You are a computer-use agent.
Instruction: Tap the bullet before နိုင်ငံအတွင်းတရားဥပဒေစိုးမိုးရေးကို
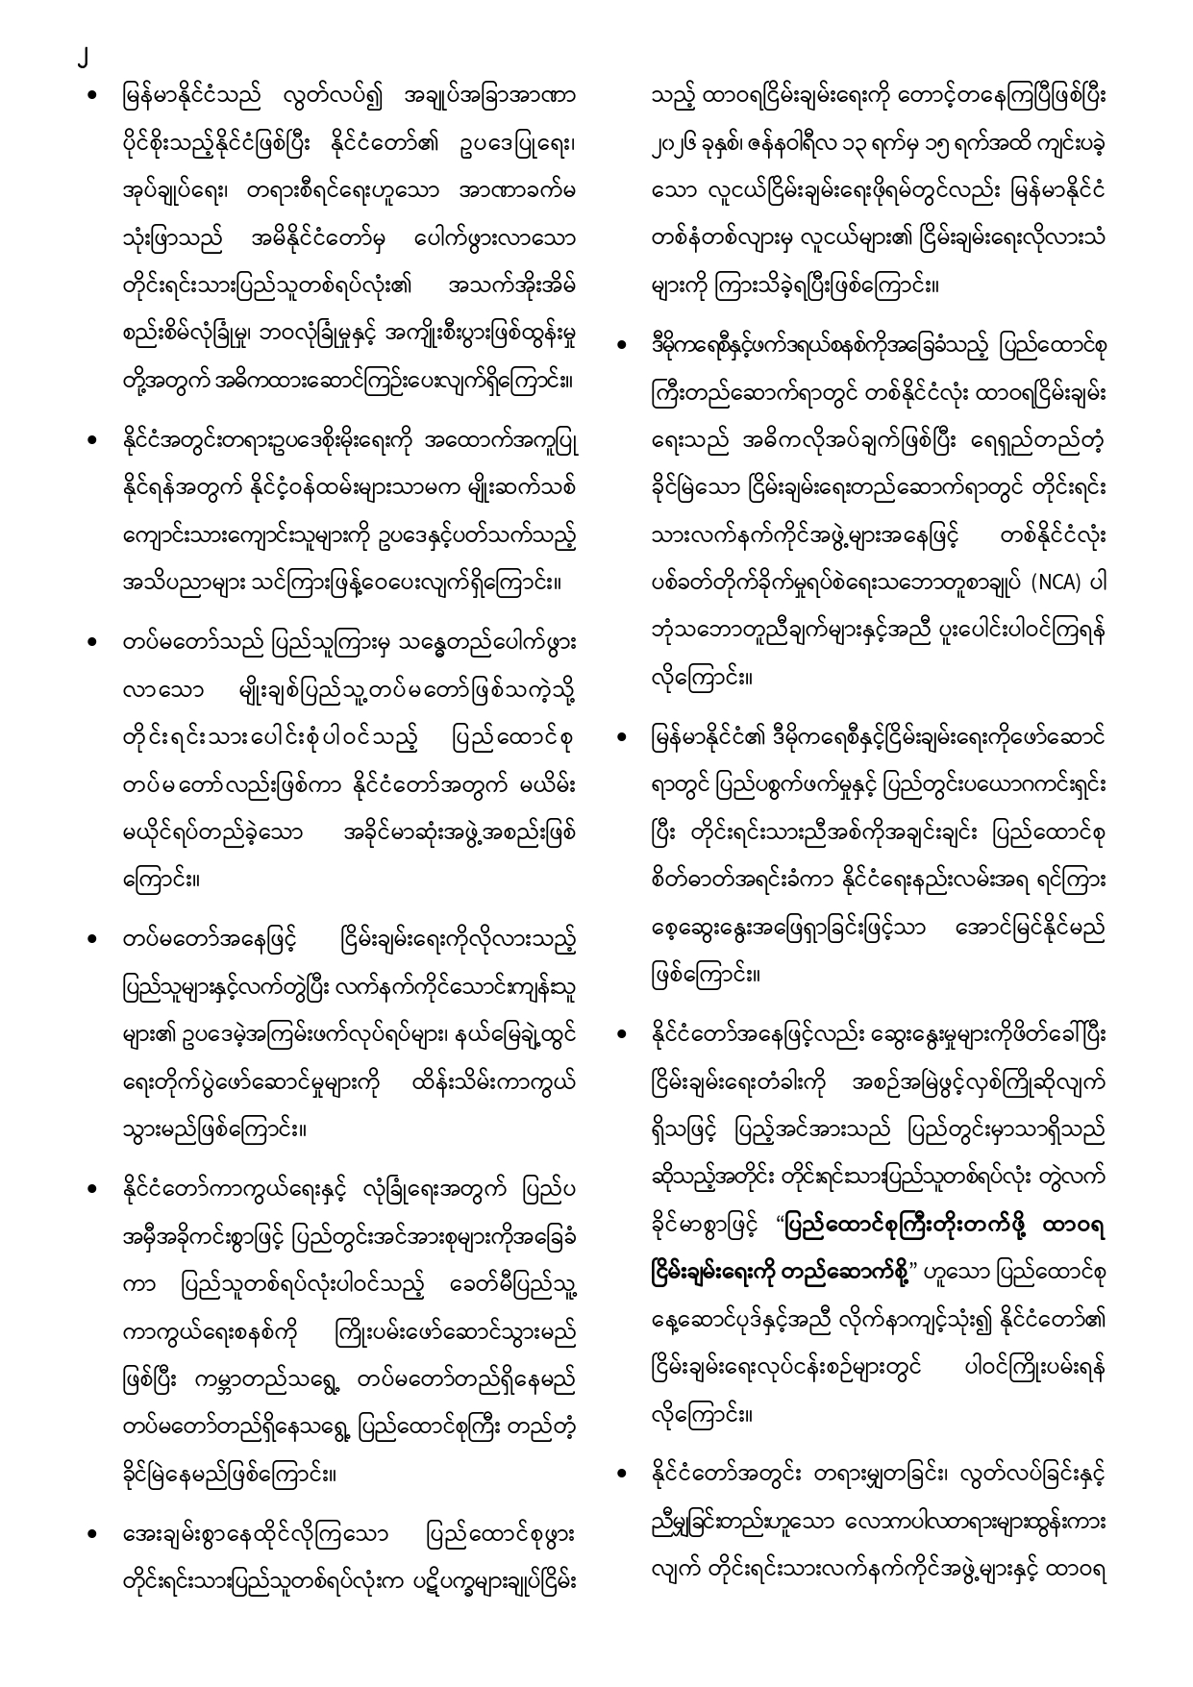[x=91, y=441]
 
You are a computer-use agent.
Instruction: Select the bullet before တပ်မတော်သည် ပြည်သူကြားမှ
[x=91, y=640]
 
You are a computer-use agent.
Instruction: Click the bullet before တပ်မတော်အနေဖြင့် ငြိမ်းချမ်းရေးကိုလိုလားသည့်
[x=91, y=937]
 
